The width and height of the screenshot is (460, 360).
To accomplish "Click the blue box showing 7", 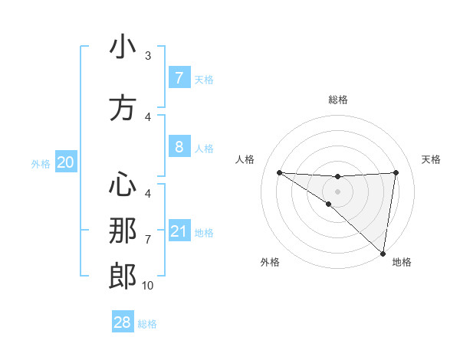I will [x=179, y=77].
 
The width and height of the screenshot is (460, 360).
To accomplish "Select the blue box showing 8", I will [x=179, y=146].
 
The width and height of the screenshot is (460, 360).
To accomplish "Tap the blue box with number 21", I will [x=179, y=231].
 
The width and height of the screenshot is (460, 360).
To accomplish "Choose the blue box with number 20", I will [x=66, y=162].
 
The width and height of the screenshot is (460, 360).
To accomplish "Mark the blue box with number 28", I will [x=123, y=322].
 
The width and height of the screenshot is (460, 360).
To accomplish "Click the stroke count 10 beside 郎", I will [x=147, y=286].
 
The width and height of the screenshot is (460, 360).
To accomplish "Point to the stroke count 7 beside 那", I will [x=148, y=240].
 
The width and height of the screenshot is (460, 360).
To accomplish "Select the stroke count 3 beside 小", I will [x=148, y=56].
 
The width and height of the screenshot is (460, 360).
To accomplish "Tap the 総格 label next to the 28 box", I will [x=147, y=324].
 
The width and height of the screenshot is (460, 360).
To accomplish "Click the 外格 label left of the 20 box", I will [x=41, y=164].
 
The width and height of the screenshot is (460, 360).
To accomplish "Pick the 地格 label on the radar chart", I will [x=402, y=262].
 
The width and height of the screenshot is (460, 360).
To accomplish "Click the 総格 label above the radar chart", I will [x=337, y=100].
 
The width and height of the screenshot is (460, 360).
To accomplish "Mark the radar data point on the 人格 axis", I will [x=279, y=172].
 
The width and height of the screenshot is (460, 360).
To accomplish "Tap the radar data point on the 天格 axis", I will [x=396, y=172].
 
